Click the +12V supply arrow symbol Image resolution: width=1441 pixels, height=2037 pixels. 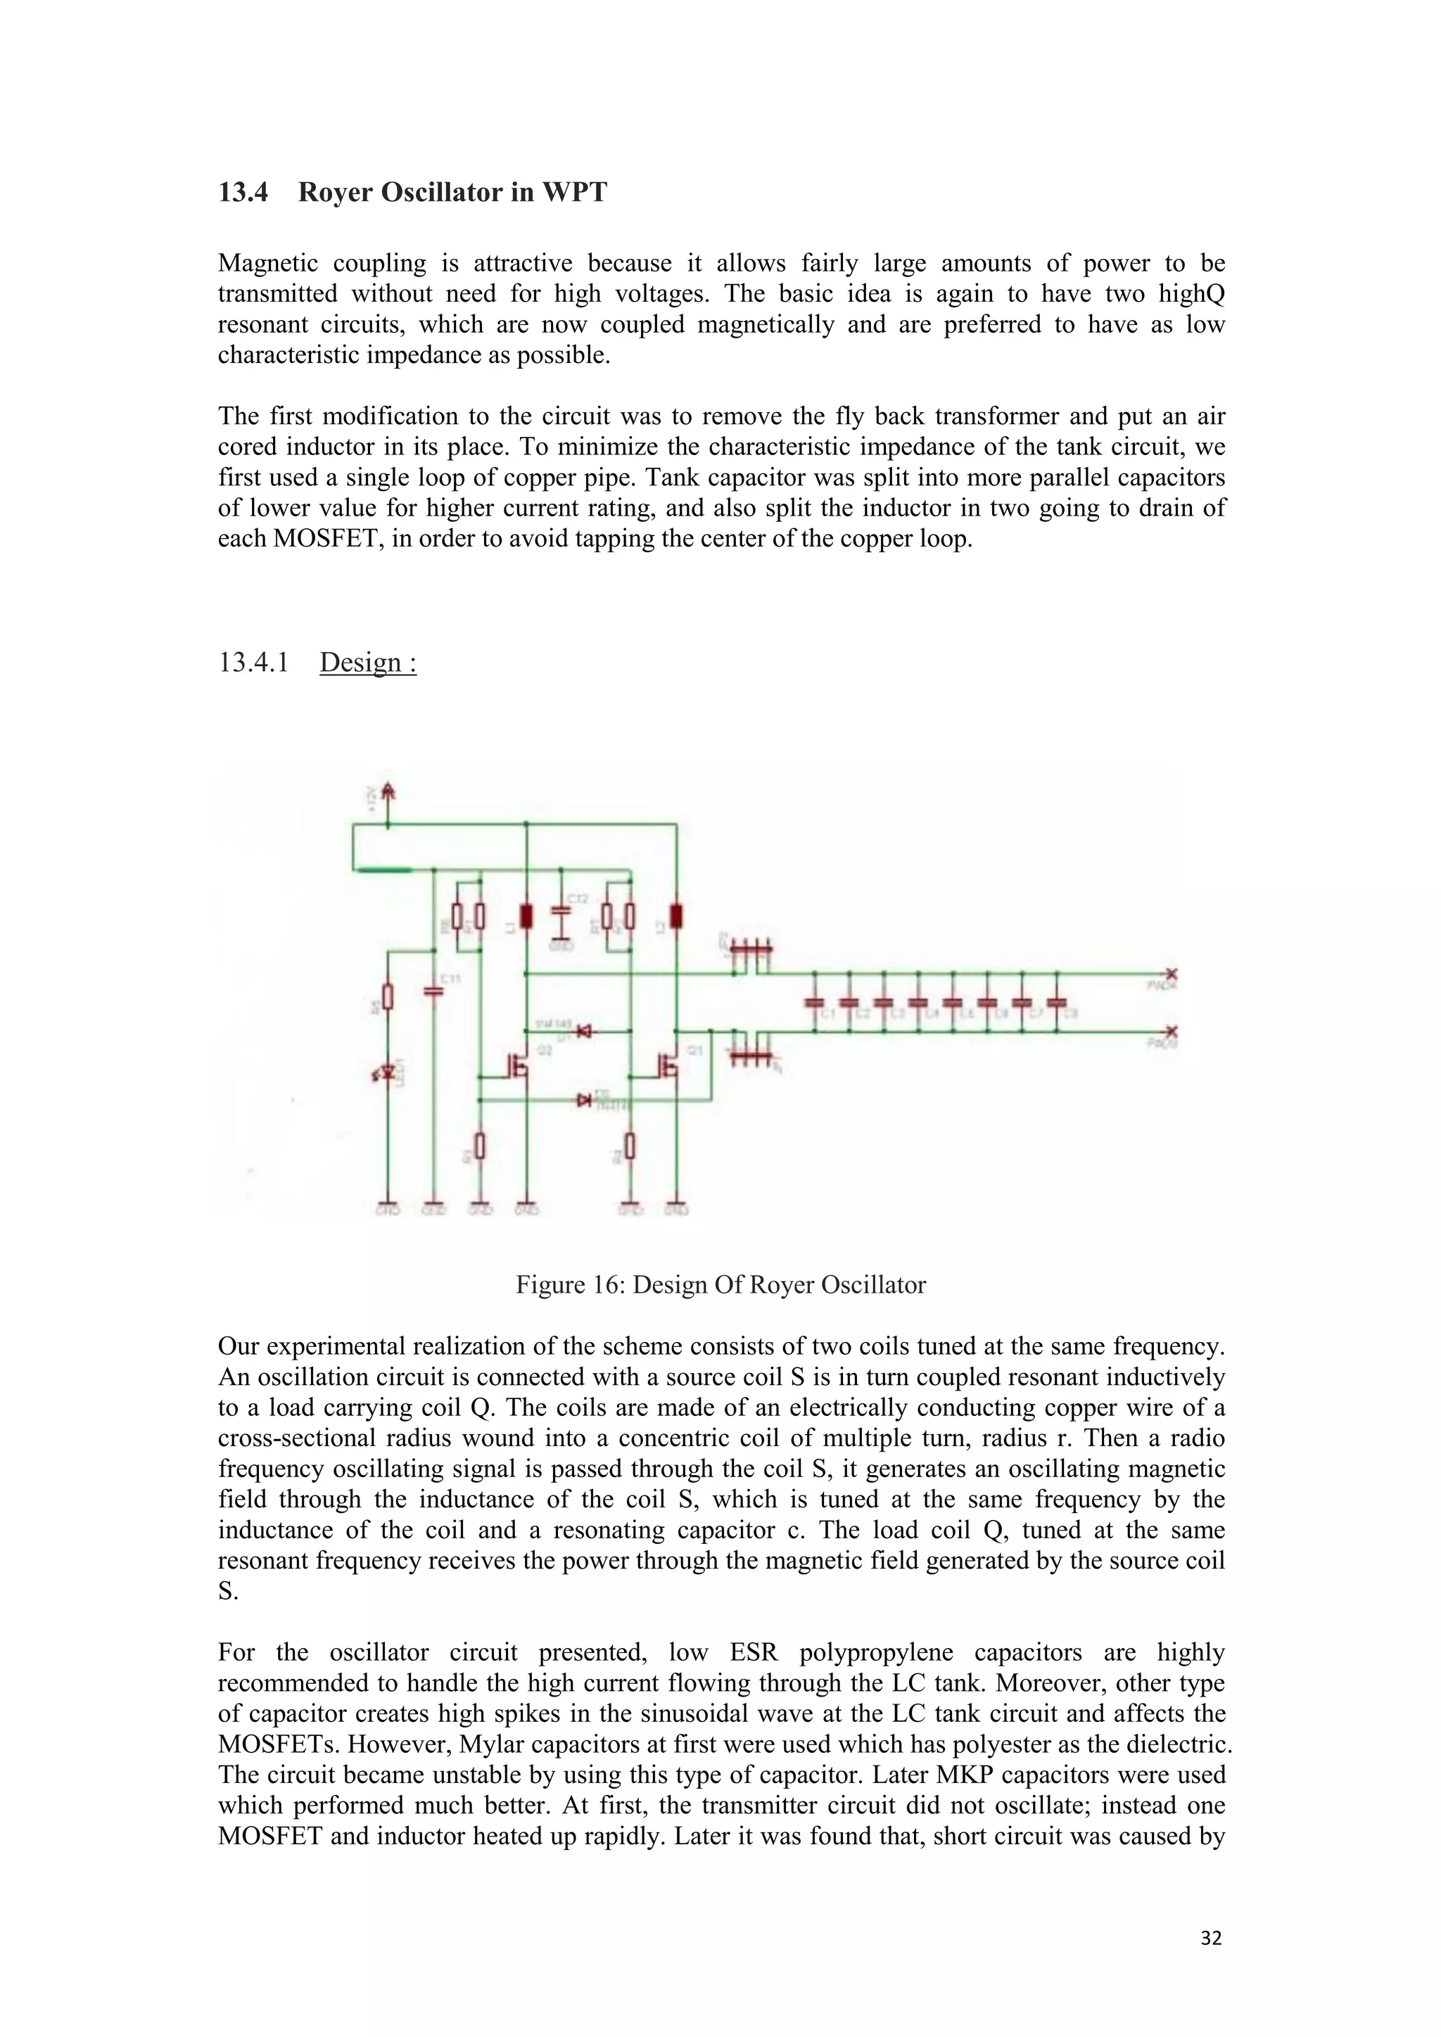click(388, 792)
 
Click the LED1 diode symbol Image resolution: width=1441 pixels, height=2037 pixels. click(387, 1074)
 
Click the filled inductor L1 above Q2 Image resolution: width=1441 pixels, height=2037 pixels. click(526, 916)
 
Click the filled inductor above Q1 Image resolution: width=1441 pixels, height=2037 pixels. click(676, 916)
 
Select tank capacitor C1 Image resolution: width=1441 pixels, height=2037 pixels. click(815, 1002)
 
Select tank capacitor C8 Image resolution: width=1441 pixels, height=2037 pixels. click(1056, 1002)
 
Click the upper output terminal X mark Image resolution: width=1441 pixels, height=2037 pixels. click(1172, 973)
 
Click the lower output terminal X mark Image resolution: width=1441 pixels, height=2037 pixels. click(1172, 1032)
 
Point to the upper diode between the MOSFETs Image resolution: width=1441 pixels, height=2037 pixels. click(585, 1032)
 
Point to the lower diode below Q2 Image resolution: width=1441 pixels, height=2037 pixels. click(584, 1100)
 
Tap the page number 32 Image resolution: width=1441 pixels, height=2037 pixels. click(1210, 1939)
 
